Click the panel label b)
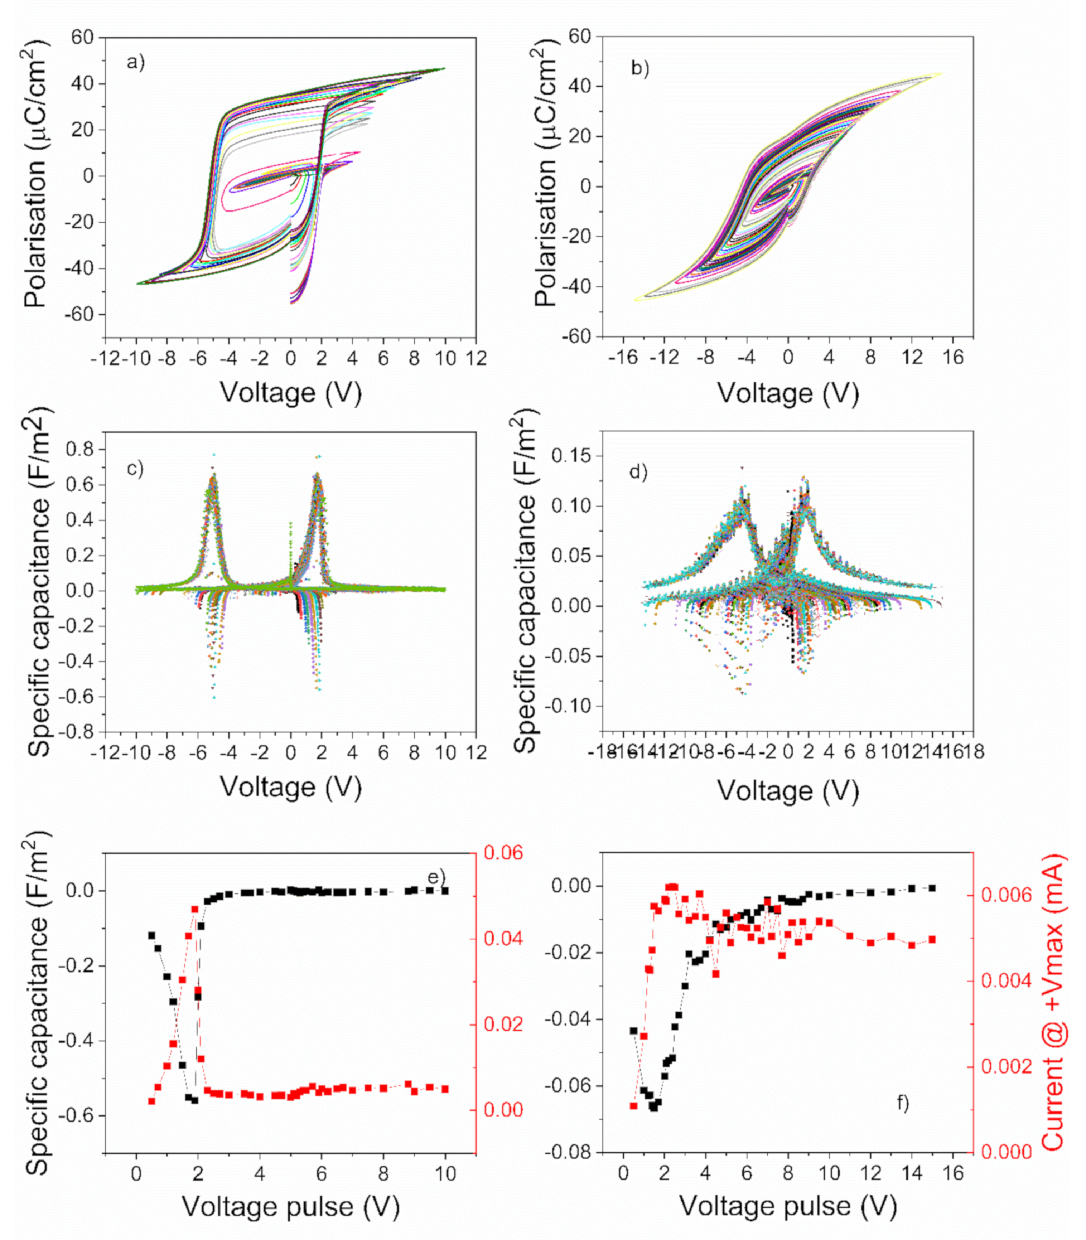click(x=640, y=68)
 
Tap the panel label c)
click(x=135, y=469)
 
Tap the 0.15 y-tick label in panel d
click(x=573, y=456)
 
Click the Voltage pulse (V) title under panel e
click(x=291, y=1206)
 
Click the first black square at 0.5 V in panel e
click(x=151, y=935)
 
